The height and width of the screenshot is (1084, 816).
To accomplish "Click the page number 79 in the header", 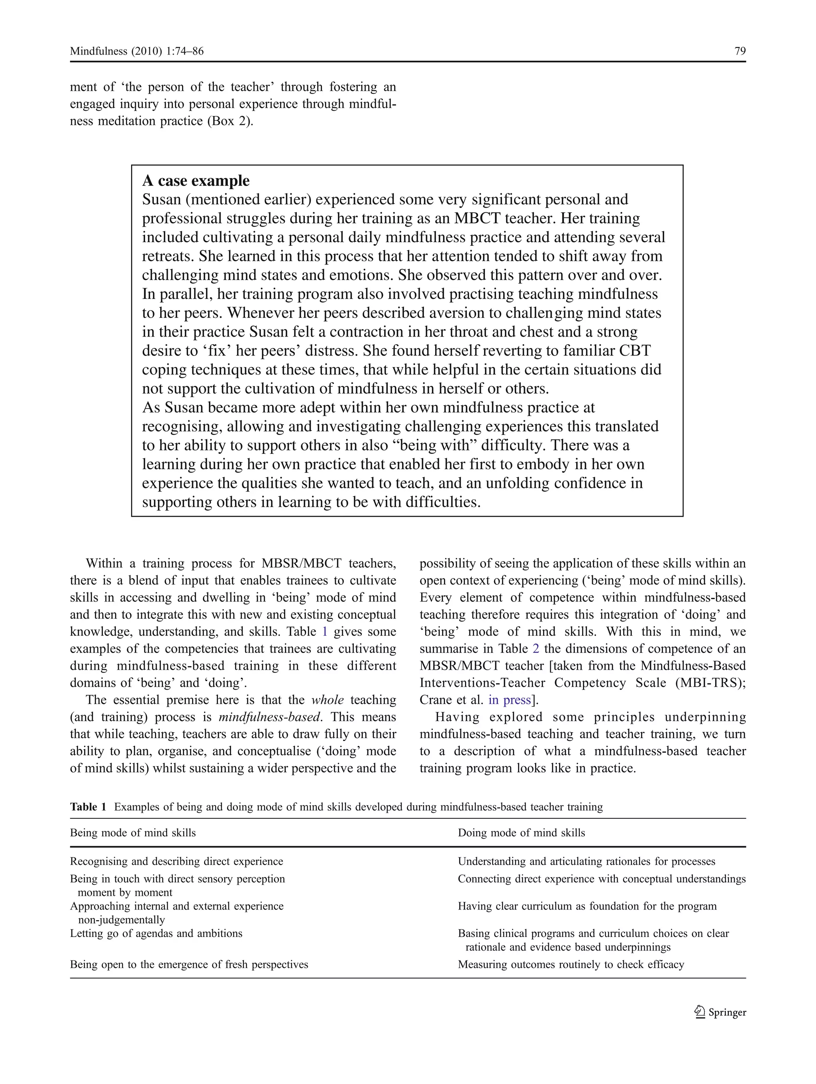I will [740, 51].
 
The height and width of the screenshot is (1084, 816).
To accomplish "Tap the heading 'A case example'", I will [196, 181].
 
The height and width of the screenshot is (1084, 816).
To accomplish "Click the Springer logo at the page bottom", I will [720, 1012].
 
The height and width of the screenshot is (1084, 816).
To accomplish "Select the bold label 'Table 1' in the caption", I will [88, 807].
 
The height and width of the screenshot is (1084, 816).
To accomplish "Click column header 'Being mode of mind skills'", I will [133, 833].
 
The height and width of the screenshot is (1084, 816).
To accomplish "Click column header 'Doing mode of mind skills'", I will [521, 833].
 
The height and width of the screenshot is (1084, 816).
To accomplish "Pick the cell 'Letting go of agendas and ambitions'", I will [156, 933].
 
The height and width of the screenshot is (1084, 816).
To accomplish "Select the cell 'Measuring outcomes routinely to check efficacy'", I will [571, 964].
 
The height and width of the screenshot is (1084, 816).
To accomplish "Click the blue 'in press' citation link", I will [509, 700].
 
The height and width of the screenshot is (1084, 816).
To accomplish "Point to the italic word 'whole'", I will [328, 700].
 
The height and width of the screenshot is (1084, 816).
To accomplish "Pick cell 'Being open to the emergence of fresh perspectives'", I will [189, 964].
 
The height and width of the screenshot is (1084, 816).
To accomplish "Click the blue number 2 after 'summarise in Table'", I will [535, 649].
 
